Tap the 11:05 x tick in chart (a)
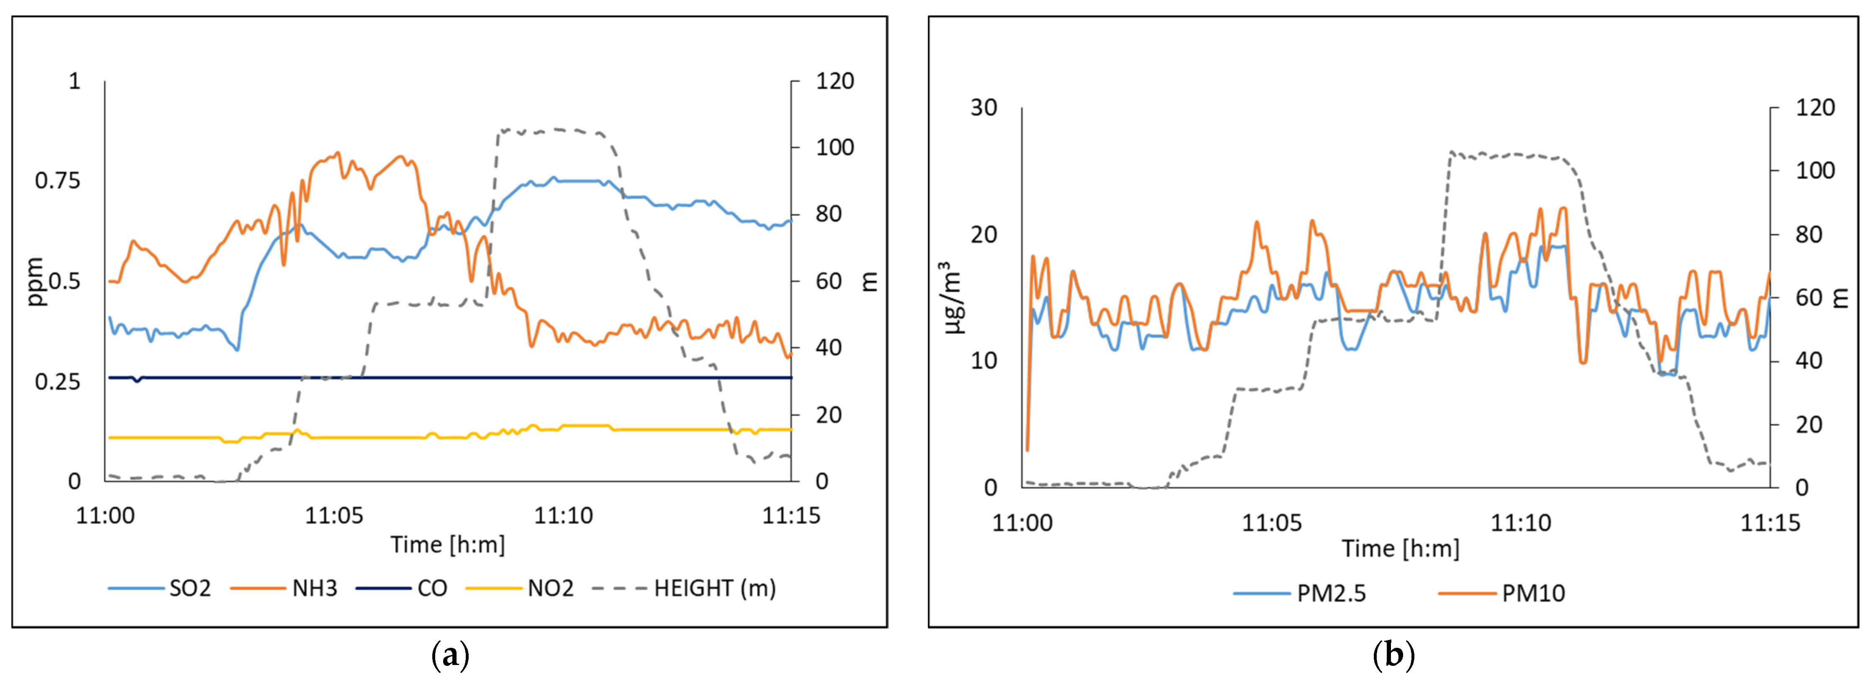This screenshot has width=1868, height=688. click(x=334, y=516)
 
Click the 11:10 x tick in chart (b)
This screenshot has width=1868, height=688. click(x=1521, y=523)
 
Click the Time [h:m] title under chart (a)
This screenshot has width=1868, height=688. click(x=447, y=544)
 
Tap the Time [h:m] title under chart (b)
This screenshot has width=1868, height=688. click(x=1400, y=549)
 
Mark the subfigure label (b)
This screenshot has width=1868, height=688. click(x=1393, y=656)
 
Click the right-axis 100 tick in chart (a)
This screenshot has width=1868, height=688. click(x=835, y=148)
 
